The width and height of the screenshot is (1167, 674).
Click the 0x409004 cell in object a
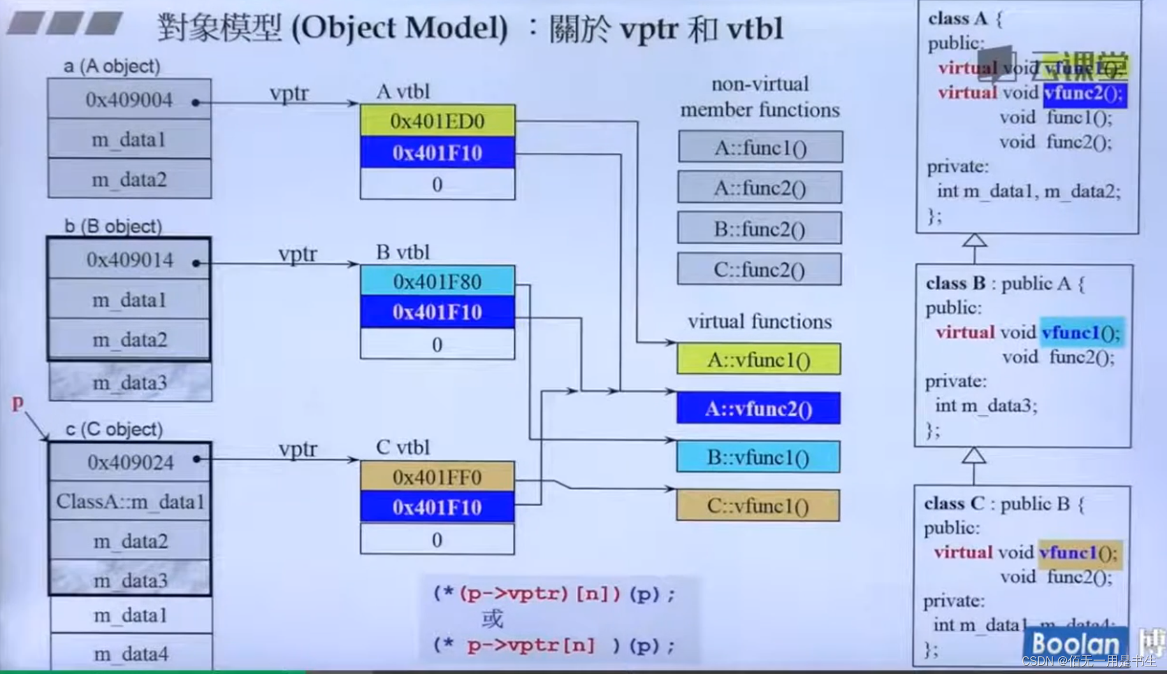129,99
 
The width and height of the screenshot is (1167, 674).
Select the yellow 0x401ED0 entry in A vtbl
437,120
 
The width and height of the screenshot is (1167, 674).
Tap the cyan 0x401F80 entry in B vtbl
437,281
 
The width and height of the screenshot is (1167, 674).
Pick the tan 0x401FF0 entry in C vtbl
437,477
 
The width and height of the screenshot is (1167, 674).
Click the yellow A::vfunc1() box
758,360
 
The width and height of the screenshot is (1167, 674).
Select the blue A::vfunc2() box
758,408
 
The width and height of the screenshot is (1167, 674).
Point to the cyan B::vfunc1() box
758,457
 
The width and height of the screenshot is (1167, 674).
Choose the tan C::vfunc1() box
758,506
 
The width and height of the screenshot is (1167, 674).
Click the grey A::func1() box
760,148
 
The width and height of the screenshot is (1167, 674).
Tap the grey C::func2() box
759,269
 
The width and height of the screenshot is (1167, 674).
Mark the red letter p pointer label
18,402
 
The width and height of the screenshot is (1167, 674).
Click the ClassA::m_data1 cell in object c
130,501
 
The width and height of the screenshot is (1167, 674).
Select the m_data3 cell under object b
130,382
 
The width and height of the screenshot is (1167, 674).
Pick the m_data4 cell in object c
131,653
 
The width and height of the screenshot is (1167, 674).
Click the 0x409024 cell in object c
130,462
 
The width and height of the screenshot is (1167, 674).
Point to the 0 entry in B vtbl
437,344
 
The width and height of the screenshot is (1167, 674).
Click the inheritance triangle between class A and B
975,240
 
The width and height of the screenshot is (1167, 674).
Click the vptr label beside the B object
297,254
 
